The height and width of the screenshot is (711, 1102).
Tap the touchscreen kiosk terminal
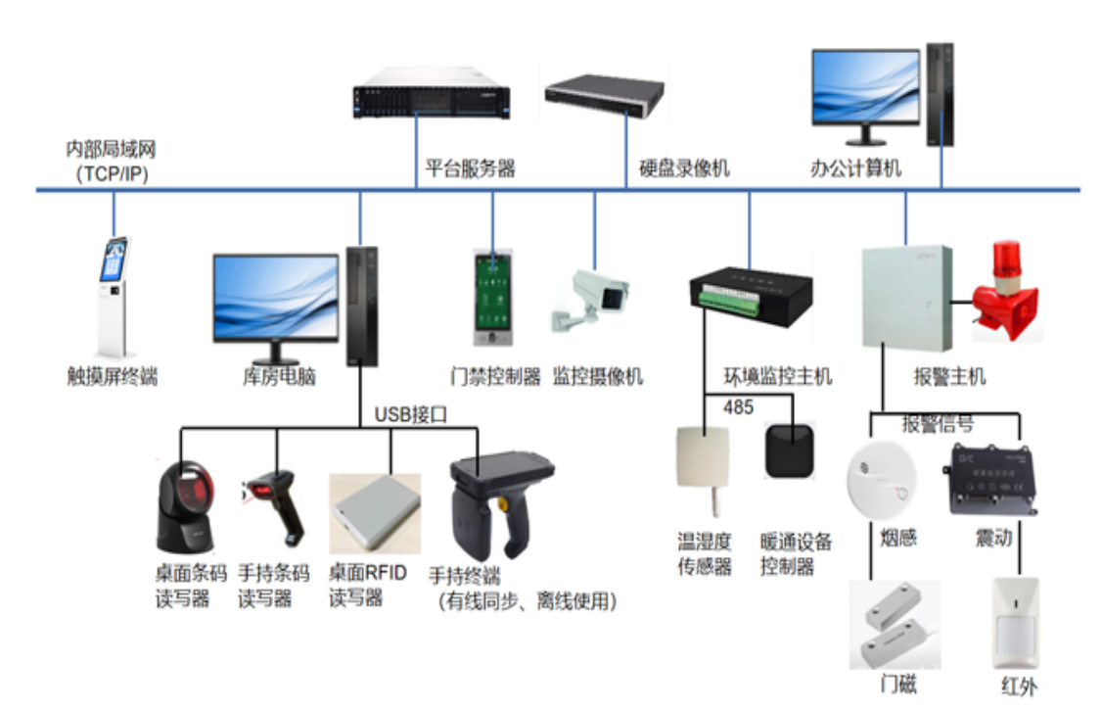point(113,296)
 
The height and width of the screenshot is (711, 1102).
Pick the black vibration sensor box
point(989,480)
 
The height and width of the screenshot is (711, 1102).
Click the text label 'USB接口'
point(410,414)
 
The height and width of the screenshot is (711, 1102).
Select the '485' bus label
point(738,406)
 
